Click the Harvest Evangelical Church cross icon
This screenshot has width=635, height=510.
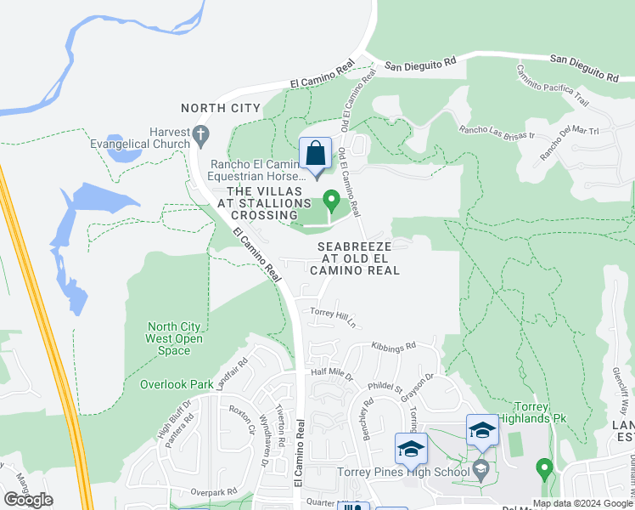pyautogui.click(x=200, y=133)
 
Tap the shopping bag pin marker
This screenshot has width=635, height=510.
pyautogui.click(x=315, y=155)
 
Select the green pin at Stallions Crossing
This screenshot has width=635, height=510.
pyautogui.click(x=332, y=201)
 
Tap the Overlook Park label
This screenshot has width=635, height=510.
pyautogui.click(x=177, y=384)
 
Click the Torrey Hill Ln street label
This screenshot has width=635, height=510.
pyautogui.click(x=332, y=317)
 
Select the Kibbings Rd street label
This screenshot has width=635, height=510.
pyautogui.click(x=394, y=347)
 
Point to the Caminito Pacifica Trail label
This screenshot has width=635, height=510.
pyautogui.click(x=553, y=88)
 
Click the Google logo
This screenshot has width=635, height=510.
pyautogui.click(x=28, y=500)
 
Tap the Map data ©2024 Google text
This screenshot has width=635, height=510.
pyautogui.click(x=582, y=503)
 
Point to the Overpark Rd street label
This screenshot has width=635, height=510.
pyautogui.click(x=213, y=492)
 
